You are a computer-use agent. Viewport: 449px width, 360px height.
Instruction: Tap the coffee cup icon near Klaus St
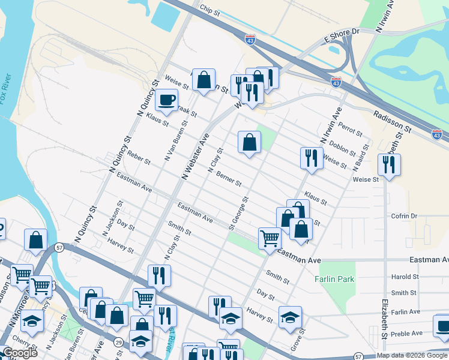pyautogui.click(x=166, y=100)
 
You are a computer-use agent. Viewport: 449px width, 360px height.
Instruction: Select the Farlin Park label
pyautogui.click(x=334, y=279)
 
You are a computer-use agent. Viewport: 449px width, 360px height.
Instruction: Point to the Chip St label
pyautogui.click(x=211, y=10)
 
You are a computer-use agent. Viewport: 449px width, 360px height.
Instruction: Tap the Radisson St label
pyautogui.click(x=391, y=113)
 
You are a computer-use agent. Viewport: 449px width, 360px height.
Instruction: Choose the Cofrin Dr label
pyautogui.click(x=404, y=216)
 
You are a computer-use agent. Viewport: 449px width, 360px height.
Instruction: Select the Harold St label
pyautogui.click(x=405, y=277)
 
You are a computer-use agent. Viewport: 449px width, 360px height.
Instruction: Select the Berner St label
pyautogui.click(x=229, y=179)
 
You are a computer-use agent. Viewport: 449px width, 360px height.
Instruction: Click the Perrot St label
pyautogui.click(x=351, y=128)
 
